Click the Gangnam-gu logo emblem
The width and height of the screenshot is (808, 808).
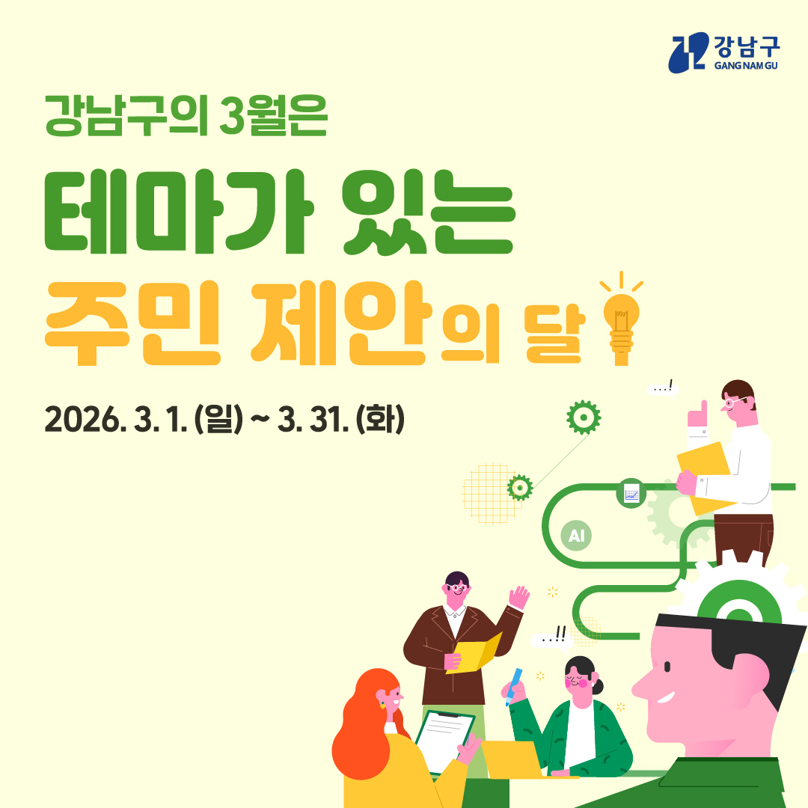[688, 52]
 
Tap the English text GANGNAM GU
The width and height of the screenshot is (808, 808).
[746, 65]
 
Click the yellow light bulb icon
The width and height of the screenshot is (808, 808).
[622, 319]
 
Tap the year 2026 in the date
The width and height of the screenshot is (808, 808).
[82, 420]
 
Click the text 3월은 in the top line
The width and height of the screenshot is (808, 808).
[273, 115]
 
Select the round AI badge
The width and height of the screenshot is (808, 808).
[576, 536]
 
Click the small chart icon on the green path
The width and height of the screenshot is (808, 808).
[631, 493]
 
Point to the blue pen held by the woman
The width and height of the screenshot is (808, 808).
[514, 686]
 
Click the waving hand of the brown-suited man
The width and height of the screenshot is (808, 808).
[519, 598]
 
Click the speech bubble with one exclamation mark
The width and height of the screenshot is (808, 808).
[663, 388]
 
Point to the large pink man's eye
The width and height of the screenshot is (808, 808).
[668, 667]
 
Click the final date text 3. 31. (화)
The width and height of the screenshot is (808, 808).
[340, 420]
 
